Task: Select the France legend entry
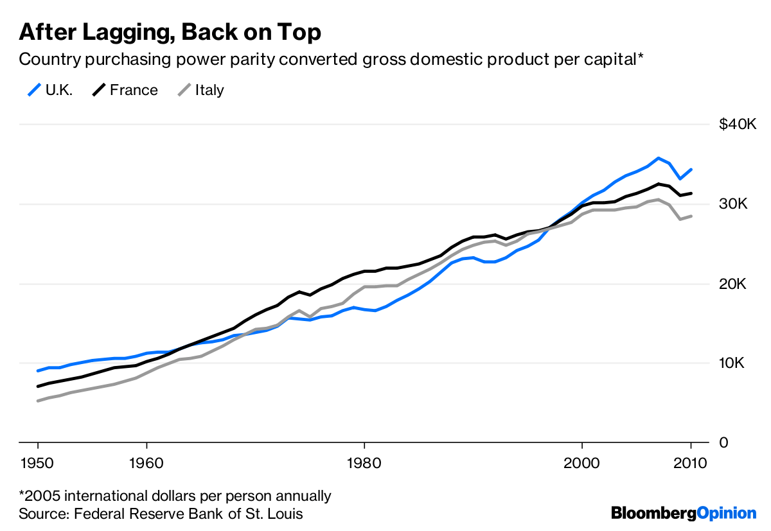125,90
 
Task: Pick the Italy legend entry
200,90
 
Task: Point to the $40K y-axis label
737,124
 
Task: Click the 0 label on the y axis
723,443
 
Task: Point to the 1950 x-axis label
38,464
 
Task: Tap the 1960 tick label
146,464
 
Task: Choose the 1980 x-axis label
364,464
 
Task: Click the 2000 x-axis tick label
582,464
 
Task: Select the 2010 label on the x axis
691,464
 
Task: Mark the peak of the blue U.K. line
658,158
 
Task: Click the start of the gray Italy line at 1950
39,401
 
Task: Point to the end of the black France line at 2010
691,193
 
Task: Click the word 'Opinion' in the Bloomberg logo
727,513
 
